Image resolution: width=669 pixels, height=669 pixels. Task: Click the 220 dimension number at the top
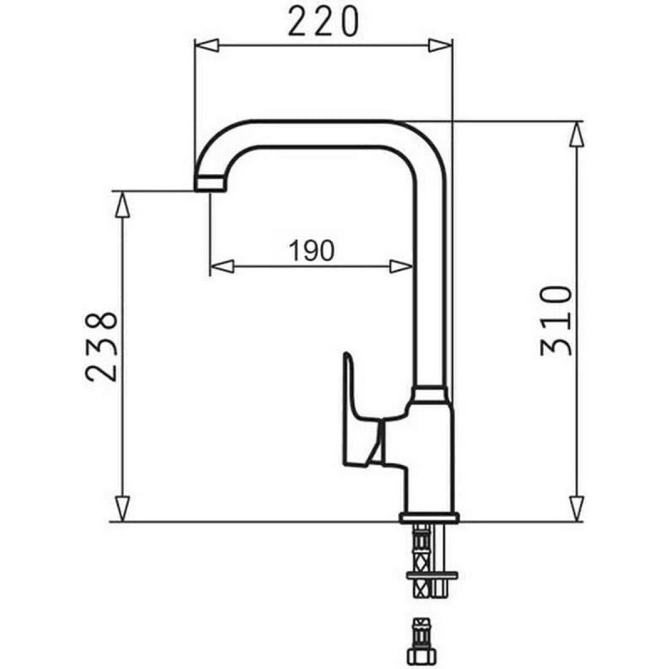(322, 21)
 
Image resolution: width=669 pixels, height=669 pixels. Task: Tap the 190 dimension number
(311, 249)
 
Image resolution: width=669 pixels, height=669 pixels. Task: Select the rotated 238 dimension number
(101, 348)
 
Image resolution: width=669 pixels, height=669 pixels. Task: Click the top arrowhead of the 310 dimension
(576, 134)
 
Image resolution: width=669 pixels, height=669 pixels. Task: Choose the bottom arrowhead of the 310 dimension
(576, 508)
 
